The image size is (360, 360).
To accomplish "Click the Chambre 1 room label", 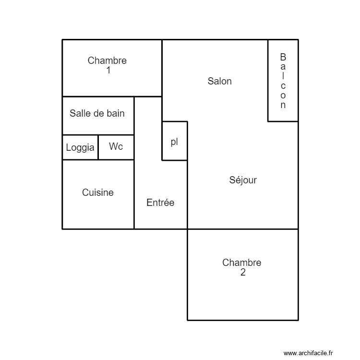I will [107, 65].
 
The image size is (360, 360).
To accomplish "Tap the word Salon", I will [219, 81].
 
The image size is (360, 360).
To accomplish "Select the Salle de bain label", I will [97, 113].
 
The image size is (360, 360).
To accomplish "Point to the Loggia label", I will [80, 148].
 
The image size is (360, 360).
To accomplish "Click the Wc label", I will [116, 146].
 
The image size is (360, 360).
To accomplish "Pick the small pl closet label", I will [174, 142].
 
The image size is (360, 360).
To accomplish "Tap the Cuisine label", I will [98, 192].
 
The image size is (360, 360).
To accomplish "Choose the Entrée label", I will [160, 203].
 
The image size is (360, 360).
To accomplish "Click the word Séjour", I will [243, 180].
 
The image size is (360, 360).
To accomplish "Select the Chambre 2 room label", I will [242, 267].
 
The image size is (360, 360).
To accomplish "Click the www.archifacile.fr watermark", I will [308, 353].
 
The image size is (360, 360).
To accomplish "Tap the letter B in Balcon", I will [283, 57].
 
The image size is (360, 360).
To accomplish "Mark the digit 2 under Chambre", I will [242, 273].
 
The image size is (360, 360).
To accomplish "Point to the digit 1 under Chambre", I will [108, 70].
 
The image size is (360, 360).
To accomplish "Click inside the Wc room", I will [116, 153].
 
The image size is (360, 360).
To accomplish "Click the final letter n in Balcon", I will [283, 105].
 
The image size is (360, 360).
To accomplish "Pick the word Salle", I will [80, 113].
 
